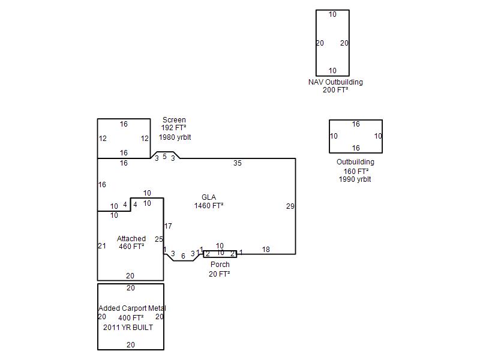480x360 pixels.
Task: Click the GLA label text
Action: point(208,197)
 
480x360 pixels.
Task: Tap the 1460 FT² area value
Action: point(208,205)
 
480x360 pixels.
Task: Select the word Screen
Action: point(174,119)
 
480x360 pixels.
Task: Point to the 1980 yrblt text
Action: point(175,137)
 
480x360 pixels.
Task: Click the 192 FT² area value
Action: point(173,128)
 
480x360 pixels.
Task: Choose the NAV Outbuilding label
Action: point(335,82)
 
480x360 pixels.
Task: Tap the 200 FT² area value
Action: point(335,90)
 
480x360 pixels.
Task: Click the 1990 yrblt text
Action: point(355,179)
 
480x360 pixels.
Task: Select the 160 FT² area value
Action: point(356,171)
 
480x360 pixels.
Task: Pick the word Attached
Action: point(131,238)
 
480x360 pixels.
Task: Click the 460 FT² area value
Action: point(131,246)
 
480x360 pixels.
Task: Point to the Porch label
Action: point(220,264)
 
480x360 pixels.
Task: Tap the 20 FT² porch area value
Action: point(219,274)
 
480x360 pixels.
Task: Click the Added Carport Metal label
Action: point(132,308)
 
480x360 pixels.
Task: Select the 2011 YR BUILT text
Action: point(128,327)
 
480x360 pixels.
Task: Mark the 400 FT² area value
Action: point(131,318)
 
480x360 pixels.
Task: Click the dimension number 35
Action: point(237,163)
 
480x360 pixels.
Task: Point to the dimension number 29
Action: point(290,206)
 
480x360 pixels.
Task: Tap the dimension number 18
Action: point(266,250)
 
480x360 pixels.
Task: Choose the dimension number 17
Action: point(168,226)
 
